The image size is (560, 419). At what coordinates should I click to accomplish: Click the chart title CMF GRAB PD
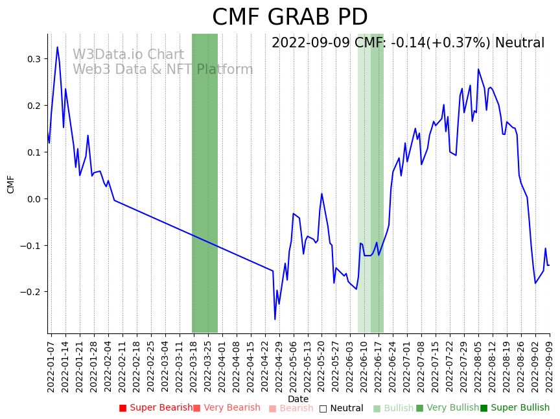[x=290, y=18]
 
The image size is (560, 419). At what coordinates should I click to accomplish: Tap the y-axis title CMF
[x=11, y=184]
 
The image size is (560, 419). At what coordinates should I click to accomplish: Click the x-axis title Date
[x=298, y=399]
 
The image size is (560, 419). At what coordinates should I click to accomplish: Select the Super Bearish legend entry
[x=156, y=408]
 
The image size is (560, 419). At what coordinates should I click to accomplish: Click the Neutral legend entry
[x=341, y=409]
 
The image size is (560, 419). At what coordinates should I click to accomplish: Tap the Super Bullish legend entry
[x=515, y=408]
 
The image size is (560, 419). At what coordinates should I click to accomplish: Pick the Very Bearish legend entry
[x=226, y=408]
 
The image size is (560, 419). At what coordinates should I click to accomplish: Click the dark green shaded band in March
[x=205, y=183]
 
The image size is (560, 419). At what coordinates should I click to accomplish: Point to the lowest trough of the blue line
[x=275, y=319]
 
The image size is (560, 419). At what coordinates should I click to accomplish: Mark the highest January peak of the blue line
[x=57, y=47]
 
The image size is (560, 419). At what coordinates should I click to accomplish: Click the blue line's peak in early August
[x=478, y=69]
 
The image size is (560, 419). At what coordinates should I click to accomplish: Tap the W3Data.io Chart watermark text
[x=128, y=55]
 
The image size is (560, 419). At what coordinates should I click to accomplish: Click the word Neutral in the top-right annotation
[x=519, y=43]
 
